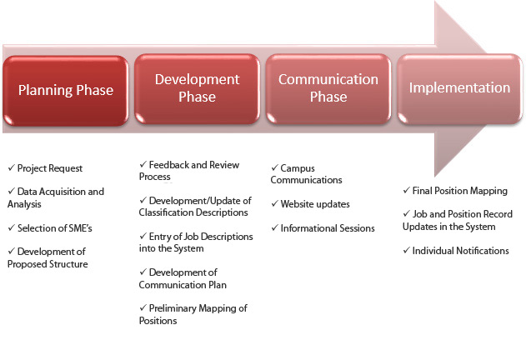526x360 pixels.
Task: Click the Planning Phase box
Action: pyautogui.click(x=66, y=91)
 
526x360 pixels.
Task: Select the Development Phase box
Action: pyautogui.click(x=198, y=89)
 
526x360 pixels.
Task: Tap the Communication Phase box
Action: pyautogui.click(x=328, y=89)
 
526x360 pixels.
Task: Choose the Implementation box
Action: pyautogui.click(x=459, y=89)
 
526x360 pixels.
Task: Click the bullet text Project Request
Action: pyautogui.click(x=50, y=168)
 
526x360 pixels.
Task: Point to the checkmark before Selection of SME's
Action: pyautogui.click(x=12, y=227)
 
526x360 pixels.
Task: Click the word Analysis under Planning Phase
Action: pyautogui.click(x=24, y=204)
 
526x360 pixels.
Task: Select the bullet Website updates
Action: pyautogui.click(x=315, y=204)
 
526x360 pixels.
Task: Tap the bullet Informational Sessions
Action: pyautogui.click(x=328, y=228)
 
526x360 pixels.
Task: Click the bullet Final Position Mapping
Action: pyautogui.click(x=459, y=191)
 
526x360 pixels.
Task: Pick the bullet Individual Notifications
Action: pyautogui.click(x=460, y=251)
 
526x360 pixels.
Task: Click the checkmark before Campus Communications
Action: pyautogui.click(x=275, y=167)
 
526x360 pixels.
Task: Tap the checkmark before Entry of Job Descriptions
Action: pyautogui.click(x=143, y=236)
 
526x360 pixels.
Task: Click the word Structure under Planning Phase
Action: pyautogui.click(x=68, y=264)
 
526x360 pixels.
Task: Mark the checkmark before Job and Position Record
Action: pyautogui.click(x=406, y=213)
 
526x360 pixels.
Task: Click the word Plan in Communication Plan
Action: pyautogui.click(x=218, y=285)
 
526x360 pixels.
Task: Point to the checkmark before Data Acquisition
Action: pyautogui.click(x=12, y=191)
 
